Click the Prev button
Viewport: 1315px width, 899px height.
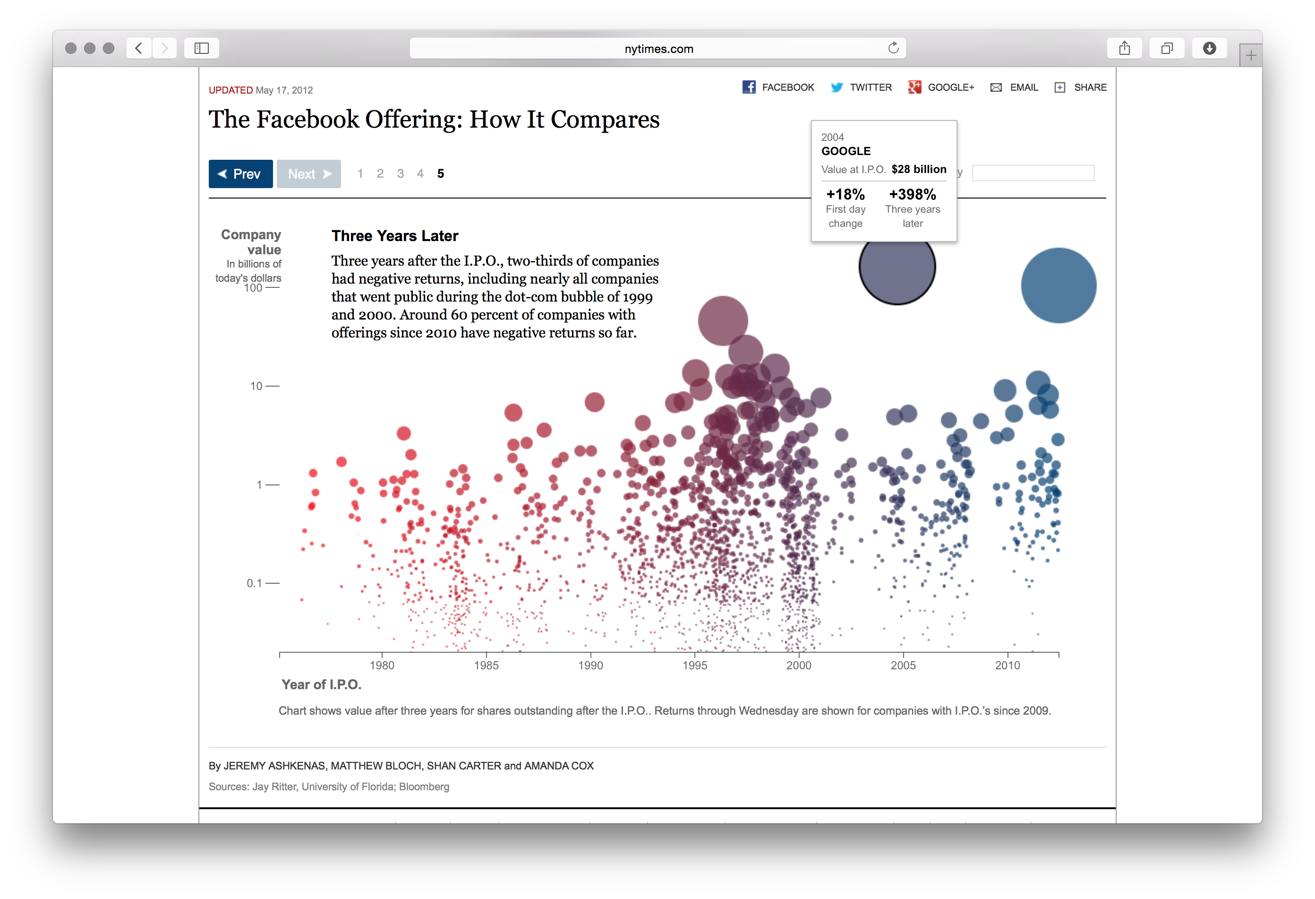coord(240,174)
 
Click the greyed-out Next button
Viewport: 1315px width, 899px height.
coord(308,174)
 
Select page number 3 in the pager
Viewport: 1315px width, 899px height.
coord(400,174)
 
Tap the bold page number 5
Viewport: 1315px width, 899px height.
coord(440,174)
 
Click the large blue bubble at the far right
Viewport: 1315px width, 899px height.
coord(1058,285)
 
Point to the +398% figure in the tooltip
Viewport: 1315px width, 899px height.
coord(912,194)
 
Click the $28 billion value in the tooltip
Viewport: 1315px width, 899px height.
coord(918,169)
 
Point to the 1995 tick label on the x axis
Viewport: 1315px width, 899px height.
coord(694,665)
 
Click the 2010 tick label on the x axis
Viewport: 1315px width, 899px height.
coord(1007,665)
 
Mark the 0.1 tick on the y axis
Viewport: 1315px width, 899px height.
coord(255,583)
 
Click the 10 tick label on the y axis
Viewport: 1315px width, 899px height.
coord(256,386)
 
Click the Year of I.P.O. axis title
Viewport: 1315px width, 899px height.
coord(321,684)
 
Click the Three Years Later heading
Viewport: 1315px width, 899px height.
coord(394,235)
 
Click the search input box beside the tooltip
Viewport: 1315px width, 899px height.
coord(1033,173)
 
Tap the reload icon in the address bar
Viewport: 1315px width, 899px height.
coord(893,48)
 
